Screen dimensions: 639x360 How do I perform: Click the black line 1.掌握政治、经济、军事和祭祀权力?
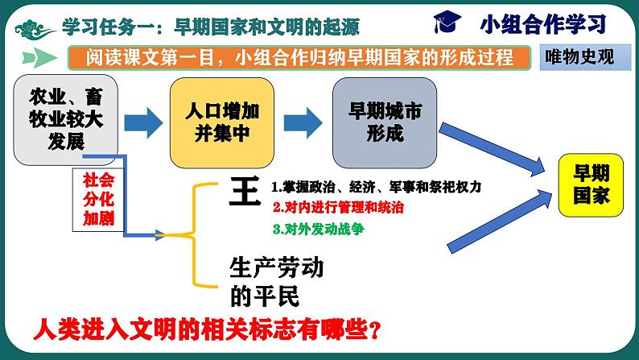click(375, 187)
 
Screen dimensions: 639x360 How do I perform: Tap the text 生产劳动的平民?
click(277, 282)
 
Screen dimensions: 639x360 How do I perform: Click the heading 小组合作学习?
click(542, 23)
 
